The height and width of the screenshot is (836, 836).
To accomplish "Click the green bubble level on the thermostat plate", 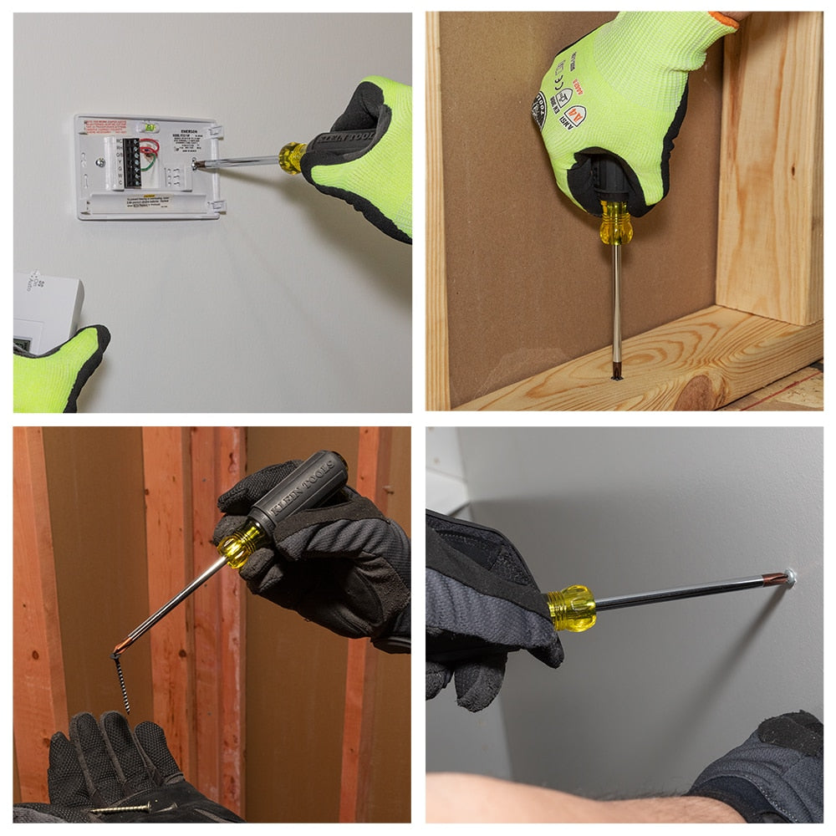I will [x=150, y=127].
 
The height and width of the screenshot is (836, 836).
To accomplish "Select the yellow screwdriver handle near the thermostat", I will [x=292, y=157].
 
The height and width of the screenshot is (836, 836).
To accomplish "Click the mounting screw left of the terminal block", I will [x=99, y=163].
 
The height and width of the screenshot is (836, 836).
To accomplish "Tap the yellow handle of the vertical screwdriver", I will [x=615, y=224].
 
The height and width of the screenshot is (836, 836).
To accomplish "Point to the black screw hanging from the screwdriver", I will [x=121, y=681].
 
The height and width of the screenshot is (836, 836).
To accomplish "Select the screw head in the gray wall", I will [x=788, y=576].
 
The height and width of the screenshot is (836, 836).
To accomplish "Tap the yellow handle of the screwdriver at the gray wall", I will [x=572, y=607].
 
